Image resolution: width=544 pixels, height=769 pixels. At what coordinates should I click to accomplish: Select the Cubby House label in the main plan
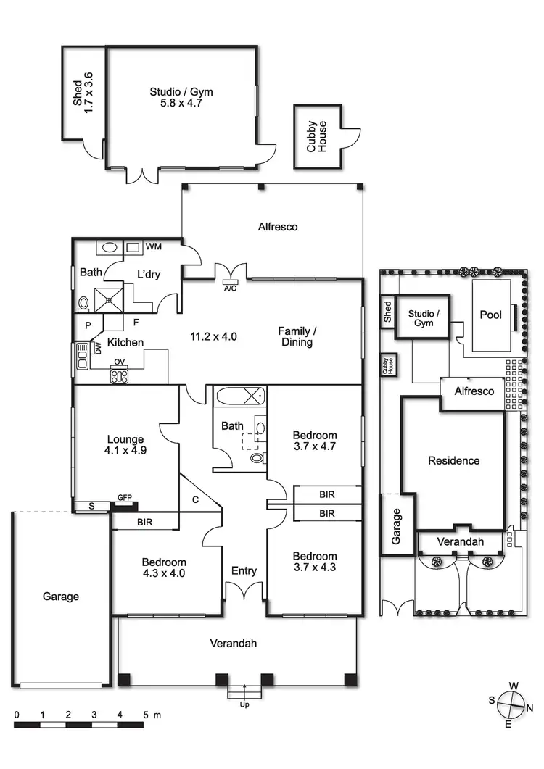pyautogui.click(x=316, y=136)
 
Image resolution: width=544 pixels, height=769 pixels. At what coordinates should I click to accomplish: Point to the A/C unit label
pyautogui.click(x=231, y=288)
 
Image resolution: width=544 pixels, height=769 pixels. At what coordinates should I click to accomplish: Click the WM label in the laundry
pyautogui.click(x=153, y=247)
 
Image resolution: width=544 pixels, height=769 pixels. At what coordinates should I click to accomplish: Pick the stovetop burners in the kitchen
pyautogui.click(x=119, y=376)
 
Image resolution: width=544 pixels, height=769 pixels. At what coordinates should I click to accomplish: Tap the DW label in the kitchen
pyautogui.click(x=97, y=350)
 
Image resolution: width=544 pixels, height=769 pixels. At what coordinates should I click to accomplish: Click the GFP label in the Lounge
pyautogui.click(x=125, y=497)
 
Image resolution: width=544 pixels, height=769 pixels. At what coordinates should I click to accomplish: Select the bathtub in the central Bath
pyautogui.click(x=241, y=396)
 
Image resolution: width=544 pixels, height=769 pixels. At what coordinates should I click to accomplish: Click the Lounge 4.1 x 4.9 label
pyautogui.click(x=125, y=444)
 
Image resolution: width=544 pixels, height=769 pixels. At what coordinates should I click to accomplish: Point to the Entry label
pyautogui.click(x=244, y=571)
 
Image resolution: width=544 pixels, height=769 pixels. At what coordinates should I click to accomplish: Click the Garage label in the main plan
pyautogui.click(x=60, y=597)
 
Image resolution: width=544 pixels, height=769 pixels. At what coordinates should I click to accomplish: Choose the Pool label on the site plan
pyautogui.click(x=491, y=315)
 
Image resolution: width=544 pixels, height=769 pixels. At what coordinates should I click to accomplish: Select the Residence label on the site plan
pyautogui.click(x=453, y=460)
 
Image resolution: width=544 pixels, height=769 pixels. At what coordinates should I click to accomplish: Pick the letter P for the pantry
pyautogui.click(x=88, y=325)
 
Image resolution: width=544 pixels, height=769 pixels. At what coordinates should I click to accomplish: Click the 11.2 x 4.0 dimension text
pyautogui.click(x=214, y=336)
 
